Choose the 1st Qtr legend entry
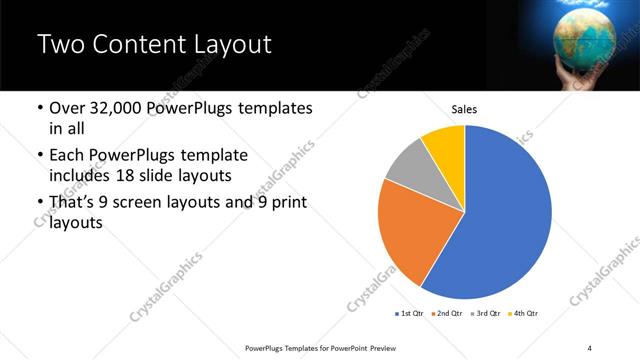(410, 314)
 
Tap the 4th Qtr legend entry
(524, 314)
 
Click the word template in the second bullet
(208, 156)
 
